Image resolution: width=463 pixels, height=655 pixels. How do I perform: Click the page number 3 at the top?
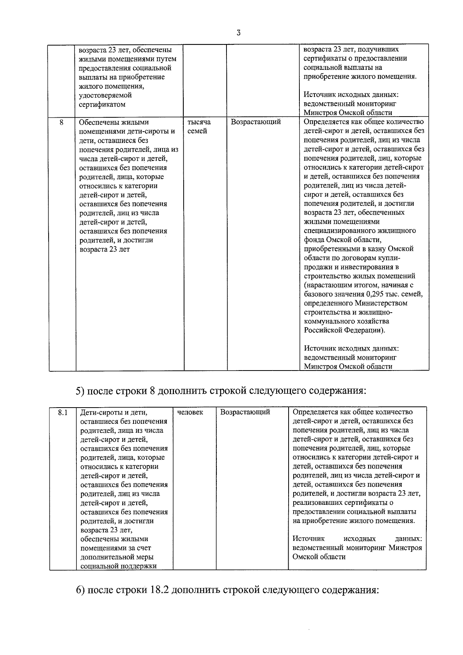pos(238,33)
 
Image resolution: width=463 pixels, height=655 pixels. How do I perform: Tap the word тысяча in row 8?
pos(199,122)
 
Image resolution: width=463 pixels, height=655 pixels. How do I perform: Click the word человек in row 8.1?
pos(190,412)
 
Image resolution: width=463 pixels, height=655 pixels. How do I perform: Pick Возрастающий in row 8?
pos(256,122)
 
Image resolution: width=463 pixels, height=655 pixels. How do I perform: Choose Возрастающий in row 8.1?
pos(245,412)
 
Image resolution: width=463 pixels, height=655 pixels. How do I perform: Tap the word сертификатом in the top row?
pos(102,104)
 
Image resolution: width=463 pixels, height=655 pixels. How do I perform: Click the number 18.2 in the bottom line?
pos(156,591)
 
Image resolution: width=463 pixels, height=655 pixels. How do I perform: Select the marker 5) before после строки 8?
pos(80,391)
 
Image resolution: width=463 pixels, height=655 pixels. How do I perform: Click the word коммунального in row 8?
pos(327,321)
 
